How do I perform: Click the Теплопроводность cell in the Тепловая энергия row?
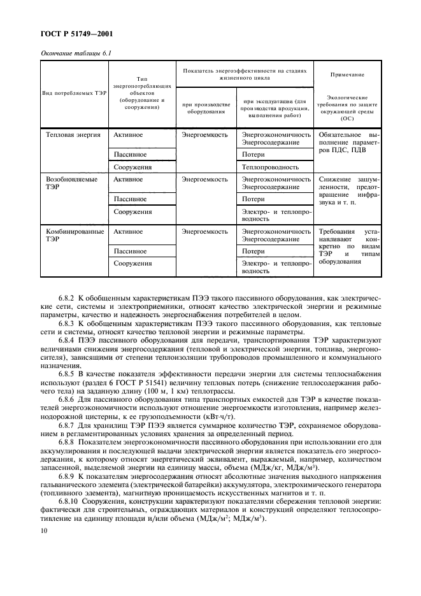point(270,167)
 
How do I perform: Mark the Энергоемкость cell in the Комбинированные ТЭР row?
point(204,232)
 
